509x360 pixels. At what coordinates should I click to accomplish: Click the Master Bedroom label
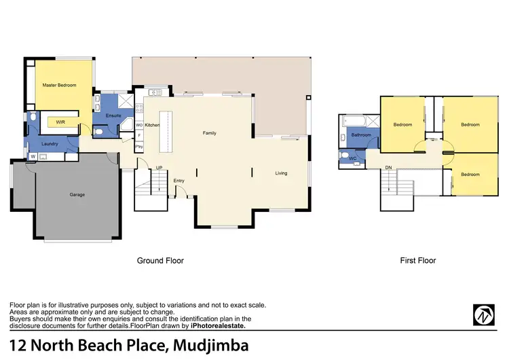[x=59, y=86]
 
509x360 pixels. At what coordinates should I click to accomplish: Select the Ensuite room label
[x=114, y=115]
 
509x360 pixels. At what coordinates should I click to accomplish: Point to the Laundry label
[x=50, y=144]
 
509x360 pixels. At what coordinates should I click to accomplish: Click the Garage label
[x=77, y=195]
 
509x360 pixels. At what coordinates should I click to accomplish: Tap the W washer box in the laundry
[x=32, y=157]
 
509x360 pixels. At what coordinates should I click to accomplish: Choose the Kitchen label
[x=152, y=126]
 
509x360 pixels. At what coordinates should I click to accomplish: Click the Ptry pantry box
[x=139, y=147]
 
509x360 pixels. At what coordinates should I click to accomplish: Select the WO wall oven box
[x=139, y=126]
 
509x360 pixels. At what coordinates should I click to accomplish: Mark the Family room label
[x=210, y=133]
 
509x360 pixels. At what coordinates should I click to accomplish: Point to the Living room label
[x=281, y=173]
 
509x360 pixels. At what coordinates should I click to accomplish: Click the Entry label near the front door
[x=179, y=180]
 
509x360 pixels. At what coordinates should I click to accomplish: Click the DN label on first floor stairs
[x=388, y=167]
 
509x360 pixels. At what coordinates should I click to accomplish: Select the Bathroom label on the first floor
[x=361, y=135]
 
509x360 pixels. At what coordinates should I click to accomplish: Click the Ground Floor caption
[x=160, y=260]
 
